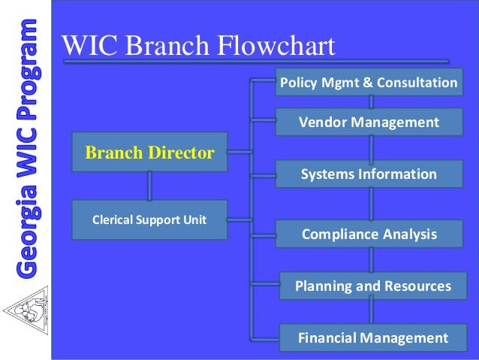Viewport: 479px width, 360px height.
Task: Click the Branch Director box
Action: [149, 153]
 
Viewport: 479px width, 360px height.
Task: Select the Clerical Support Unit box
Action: [149, 220]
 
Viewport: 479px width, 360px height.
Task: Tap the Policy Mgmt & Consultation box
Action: [368, 82]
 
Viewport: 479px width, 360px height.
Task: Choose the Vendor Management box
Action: [369, 122]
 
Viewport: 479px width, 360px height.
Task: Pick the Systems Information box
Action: [369, 174]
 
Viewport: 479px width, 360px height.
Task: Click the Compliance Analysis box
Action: [369, 234]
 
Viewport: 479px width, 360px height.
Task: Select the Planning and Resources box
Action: [372, 286]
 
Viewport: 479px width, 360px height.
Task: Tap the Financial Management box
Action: [372, 337]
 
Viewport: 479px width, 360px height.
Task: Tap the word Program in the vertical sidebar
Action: [26, 68]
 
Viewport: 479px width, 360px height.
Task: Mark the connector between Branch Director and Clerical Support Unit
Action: [149, 185]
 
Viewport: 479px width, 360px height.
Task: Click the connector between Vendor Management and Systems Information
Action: [370, 148]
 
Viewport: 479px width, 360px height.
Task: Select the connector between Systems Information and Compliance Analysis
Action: [370, 204]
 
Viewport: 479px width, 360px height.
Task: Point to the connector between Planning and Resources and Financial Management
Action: [370, 312]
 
